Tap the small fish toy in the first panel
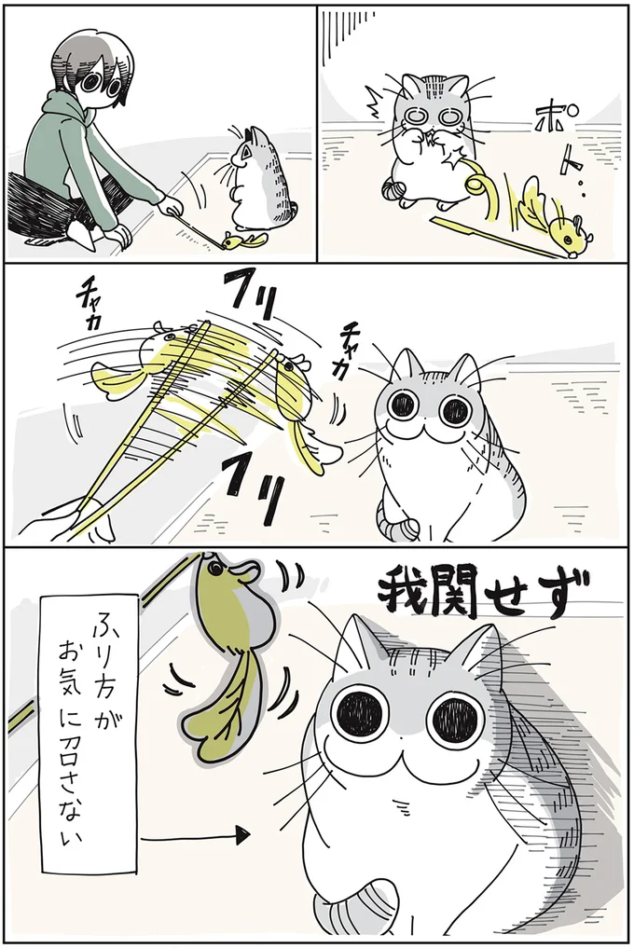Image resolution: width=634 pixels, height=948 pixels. click(245, 240)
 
